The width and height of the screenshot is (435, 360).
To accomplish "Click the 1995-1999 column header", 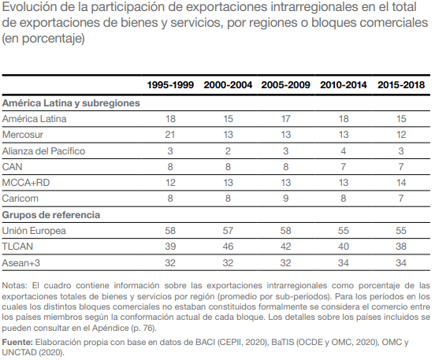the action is [170, 85].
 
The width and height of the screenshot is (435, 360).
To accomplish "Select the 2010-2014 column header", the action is [344, 85].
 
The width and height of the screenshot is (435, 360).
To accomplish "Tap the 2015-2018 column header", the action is [401, 85].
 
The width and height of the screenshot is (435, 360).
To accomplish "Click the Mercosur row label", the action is [23, 135].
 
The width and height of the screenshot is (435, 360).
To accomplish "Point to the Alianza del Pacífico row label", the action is [43, 151].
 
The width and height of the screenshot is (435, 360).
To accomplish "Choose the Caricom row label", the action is [20, 199].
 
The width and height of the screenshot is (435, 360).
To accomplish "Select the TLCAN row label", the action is [17, 247].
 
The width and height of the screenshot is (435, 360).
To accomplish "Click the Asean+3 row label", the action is [21, 262].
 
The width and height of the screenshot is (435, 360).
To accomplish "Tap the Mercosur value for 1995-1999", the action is [170, 135].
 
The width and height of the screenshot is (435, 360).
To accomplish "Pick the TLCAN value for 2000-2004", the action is [228, 247].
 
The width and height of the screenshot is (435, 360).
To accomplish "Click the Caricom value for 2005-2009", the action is [286, 199].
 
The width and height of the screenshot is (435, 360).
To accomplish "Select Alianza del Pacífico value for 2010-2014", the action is [344, 151].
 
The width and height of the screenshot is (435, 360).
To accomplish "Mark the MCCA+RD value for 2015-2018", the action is [401, 183].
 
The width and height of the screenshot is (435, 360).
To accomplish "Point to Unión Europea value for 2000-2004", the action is [228, 231].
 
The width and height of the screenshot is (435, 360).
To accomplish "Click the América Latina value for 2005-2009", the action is [286, 119].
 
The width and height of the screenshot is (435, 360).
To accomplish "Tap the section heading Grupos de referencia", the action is [51, 215].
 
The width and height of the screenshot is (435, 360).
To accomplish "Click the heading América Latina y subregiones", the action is [71, 103].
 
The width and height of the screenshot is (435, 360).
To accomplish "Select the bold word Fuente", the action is [17, 342].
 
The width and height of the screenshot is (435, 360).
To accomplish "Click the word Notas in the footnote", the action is [15, 285].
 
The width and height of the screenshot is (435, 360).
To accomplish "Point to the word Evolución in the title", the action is [29, 7].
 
